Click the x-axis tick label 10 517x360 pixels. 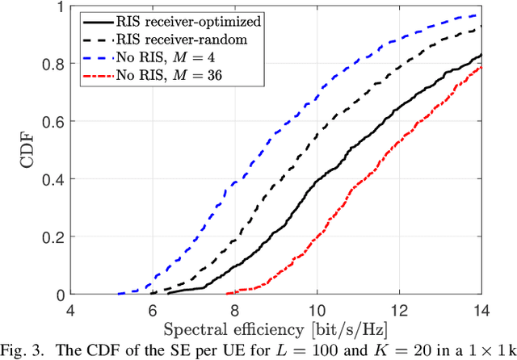coord(317,309)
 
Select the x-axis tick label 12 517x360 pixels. coord(399,309)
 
